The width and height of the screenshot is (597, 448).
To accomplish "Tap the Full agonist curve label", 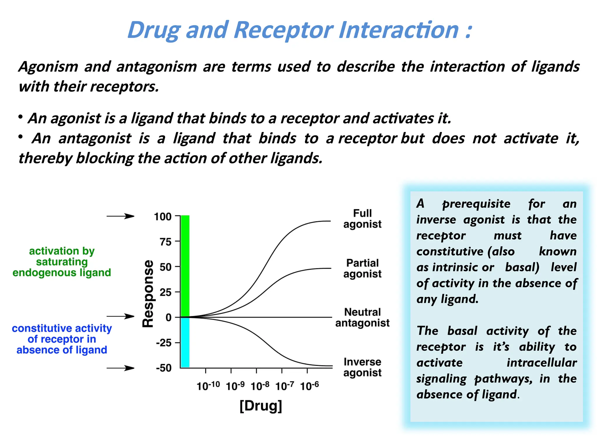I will coord(362,218).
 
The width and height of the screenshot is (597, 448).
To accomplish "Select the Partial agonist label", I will coord(362,268).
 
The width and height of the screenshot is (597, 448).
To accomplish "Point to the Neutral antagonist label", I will coord(362,317).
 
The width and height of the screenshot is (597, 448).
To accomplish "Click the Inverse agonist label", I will coord(362,367).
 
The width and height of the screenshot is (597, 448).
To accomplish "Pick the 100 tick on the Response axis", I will coord(163,217).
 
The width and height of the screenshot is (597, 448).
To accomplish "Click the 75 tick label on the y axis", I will coord(165,242).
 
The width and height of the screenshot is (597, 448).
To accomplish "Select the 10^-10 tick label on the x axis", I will coord(208,386).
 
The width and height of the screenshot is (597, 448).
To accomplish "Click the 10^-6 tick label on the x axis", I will coord(309,386).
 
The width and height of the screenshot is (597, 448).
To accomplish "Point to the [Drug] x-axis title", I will coord(261,406).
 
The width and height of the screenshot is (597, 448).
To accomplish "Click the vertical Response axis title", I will coord(148,293).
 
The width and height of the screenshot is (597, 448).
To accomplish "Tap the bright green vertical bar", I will coord(185,265).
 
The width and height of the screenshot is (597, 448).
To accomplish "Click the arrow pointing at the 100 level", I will coord(120,216).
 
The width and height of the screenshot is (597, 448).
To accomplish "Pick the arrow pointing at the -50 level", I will coord(120,368).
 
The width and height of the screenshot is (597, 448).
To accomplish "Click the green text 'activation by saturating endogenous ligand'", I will coord(62,262).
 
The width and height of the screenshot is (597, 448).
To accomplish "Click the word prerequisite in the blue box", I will coord(476,204).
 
